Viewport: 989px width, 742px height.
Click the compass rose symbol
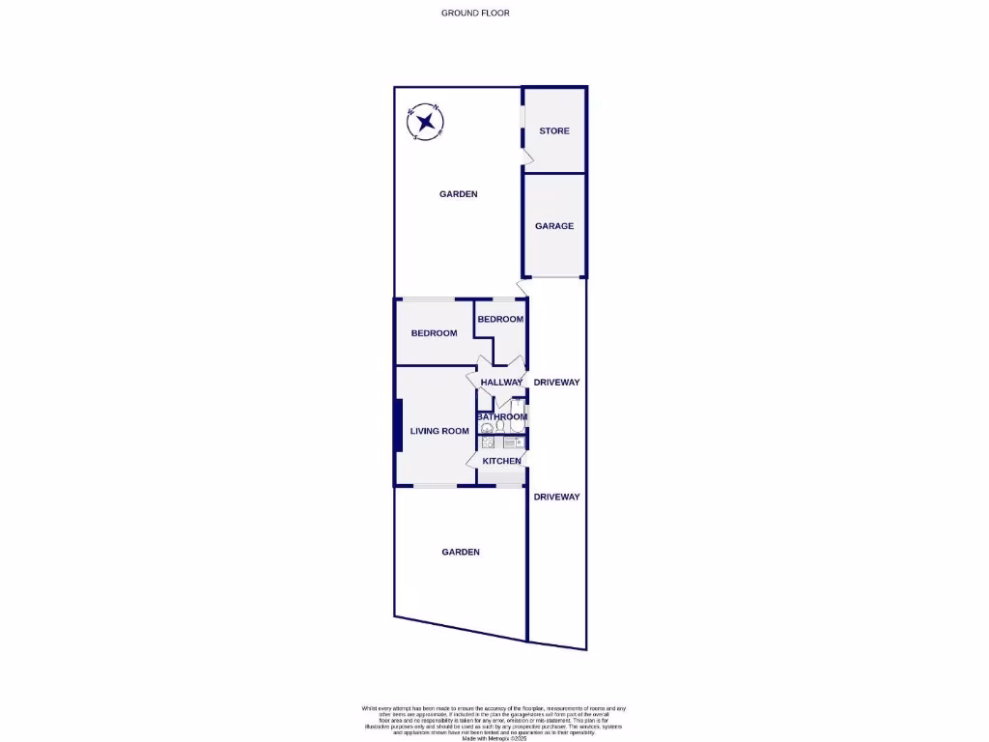coord(426,122)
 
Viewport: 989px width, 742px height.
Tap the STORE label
coord(554,130)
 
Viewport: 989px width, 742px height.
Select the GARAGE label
coord(554,226)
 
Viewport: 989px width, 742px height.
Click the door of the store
coord(526,157)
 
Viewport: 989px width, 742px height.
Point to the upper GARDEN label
coord(459,194)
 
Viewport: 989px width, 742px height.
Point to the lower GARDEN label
coord(461,552)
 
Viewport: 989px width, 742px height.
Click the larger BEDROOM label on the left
coord(434,333)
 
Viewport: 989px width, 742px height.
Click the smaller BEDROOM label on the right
coord(500,319)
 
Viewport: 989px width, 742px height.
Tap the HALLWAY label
coord(501,383)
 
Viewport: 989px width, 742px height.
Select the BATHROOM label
coord(501,416)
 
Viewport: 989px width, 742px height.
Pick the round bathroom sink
coord(487,428)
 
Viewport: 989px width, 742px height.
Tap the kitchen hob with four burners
coord(488,442)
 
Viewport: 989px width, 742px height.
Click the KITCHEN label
coord(501,461)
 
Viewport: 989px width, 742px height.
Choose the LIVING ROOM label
coord(439,431)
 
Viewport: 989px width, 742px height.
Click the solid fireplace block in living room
coord(398,425)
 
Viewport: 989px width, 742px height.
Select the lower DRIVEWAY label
coord(557,497)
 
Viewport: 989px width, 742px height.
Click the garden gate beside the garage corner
coord(523,288)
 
